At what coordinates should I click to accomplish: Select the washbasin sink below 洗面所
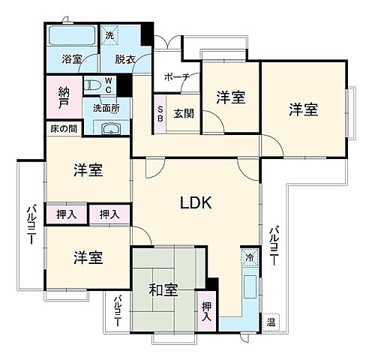point(111,127)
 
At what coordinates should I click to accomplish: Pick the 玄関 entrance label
point(184,114)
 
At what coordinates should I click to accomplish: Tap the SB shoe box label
point(160,114)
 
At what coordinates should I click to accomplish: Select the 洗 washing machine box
point(109,34)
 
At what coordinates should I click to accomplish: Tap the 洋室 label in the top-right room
point(303,109)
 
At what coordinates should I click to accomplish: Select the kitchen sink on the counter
point(250,284)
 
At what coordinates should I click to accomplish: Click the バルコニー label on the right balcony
point(276,247)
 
